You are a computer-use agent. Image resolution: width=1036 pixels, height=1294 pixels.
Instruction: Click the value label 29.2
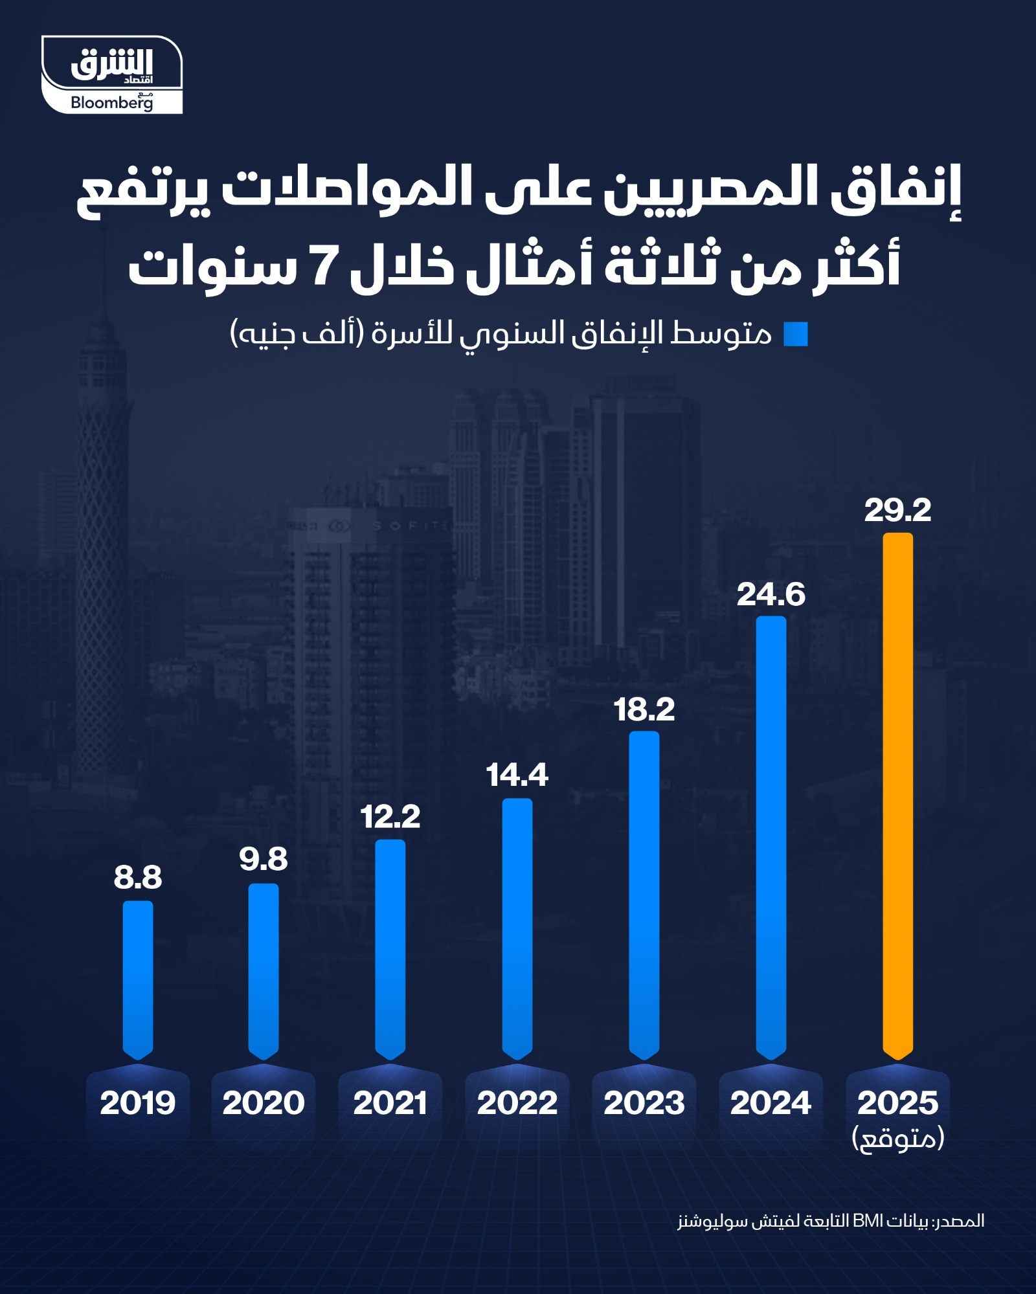tap(897, 510)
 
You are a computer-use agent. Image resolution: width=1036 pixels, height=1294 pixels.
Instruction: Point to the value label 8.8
tap(138, 878)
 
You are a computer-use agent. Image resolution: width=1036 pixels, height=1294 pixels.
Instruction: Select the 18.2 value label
tap(644, 709)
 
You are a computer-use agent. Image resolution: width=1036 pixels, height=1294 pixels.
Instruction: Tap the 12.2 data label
tap(390, 816)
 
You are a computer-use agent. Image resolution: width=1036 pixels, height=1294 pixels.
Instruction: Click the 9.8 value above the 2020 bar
tap(264, 859)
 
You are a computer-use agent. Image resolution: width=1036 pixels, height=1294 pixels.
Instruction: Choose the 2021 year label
tap(390, 1103)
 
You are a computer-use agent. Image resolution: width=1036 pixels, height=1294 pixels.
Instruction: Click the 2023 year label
tap(644, 1103)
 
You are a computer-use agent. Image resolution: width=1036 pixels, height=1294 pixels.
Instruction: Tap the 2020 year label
tap(264, 1103)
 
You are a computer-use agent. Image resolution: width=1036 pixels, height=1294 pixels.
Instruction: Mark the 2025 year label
tap(897, 1103)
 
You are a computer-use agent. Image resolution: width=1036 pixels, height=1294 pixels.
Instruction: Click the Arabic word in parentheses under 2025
tap(897, 1138)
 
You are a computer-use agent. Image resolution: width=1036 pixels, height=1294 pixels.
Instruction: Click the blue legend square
tap(796, 334)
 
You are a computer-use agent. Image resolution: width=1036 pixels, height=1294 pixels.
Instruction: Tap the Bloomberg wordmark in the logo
tap(111, 102)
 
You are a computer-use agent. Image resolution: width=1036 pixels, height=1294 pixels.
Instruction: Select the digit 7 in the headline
tap(322, 266)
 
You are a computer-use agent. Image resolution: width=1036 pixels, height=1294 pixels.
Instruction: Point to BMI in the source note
tap(868, 1221)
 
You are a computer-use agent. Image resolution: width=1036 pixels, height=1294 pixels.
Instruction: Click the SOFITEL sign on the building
tap(408, 526)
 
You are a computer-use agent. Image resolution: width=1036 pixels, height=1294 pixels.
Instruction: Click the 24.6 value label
tap(771, 595)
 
